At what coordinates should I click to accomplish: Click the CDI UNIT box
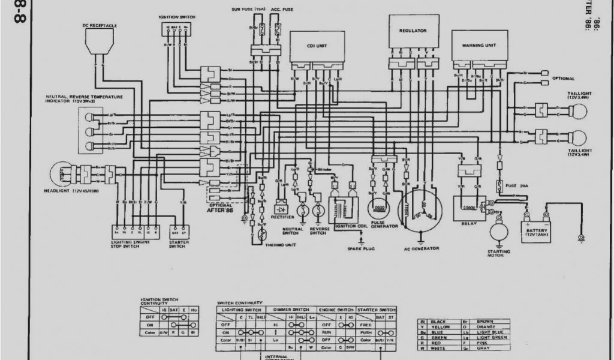tap(317, 46)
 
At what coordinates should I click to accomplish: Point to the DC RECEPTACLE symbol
tap(99, 41)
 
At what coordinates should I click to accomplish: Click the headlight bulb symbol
tap(62, 174)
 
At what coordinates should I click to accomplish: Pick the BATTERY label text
tap(537, 230)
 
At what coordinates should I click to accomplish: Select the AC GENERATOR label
tap(422, 248)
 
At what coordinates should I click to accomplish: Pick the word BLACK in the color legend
tap(438, 322)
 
